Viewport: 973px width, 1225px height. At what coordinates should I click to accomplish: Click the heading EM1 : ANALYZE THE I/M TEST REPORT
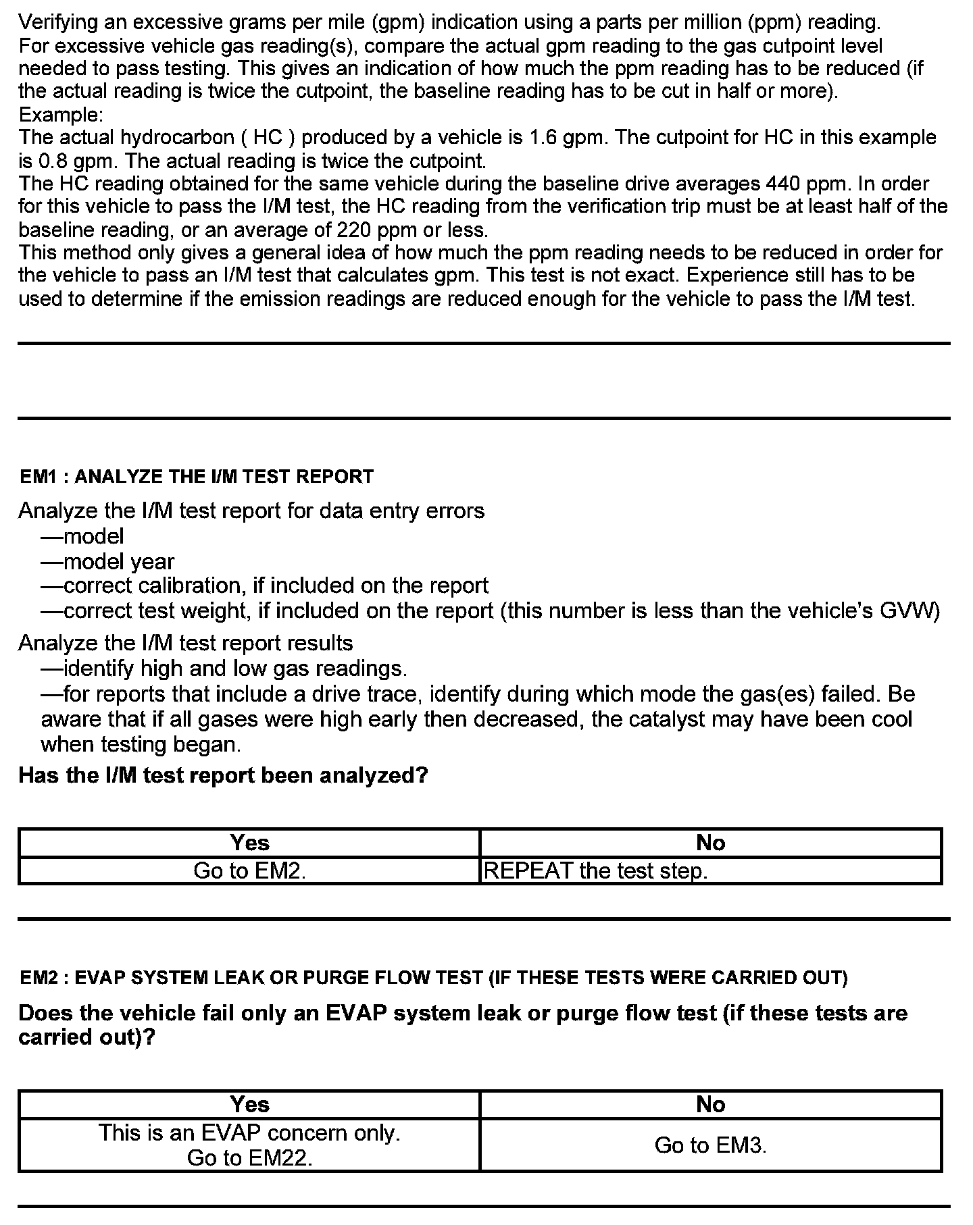pos(196,477)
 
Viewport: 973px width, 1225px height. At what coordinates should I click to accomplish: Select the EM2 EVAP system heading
pos(433,978)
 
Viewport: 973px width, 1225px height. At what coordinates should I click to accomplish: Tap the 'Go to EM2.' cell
pos(249,871)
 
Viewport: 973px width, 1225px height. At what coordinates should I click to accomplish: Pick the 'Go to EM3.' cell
pos(710,1145)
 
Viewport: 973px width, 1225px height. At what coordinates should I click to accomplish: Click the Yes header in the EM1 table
pos(249,843)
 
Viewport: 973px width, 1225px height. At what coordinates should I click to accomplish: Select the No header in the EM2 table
pos(710,1105)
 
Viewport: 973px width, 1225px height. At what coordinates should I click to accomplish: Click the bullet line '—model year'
pos(107,562)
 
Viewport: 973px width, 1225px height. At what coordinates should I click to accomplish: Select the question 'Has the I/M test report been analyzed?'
pos(223,775)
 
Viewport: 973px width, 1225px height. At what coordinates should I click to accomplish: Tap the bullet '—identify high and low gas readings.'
pos(224,669)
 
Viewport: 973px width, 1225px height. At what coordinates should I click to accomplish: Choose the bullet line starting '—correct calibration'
pos(264,585)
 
